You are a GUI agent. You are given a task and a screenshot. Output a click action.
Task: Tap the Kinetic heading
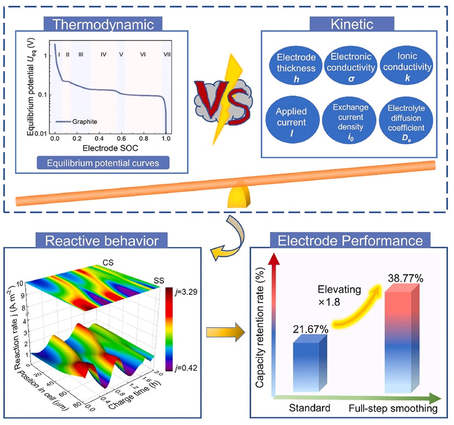pos(352,24)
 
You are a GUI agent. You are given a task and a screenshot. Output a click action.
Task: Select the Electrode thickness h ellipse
pos(296,68)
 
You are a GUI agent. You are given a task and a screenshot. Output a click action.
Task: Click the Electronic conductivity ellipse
pos(351,67)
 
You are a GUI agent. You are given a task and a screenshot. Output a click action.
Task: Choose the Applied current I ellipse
pos(291,122)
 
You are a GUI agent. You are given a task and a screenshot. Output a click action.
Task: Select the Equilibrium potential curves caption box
pos(103,163)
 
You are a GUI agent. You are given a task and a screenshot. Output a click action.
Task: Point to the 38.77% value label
pos(405,279)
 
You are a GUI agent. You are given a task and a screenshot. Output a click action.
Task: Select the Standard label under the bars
pos(309,408)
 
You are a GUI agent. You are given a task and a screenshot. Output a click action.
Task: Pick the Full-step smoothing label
pos(393,409)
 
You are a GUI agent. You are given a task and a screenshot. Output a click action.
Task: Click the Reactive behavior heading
pos(102,241)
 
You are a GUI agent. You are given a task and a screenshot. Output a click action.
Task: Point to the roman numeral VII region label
pos(167,54)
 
